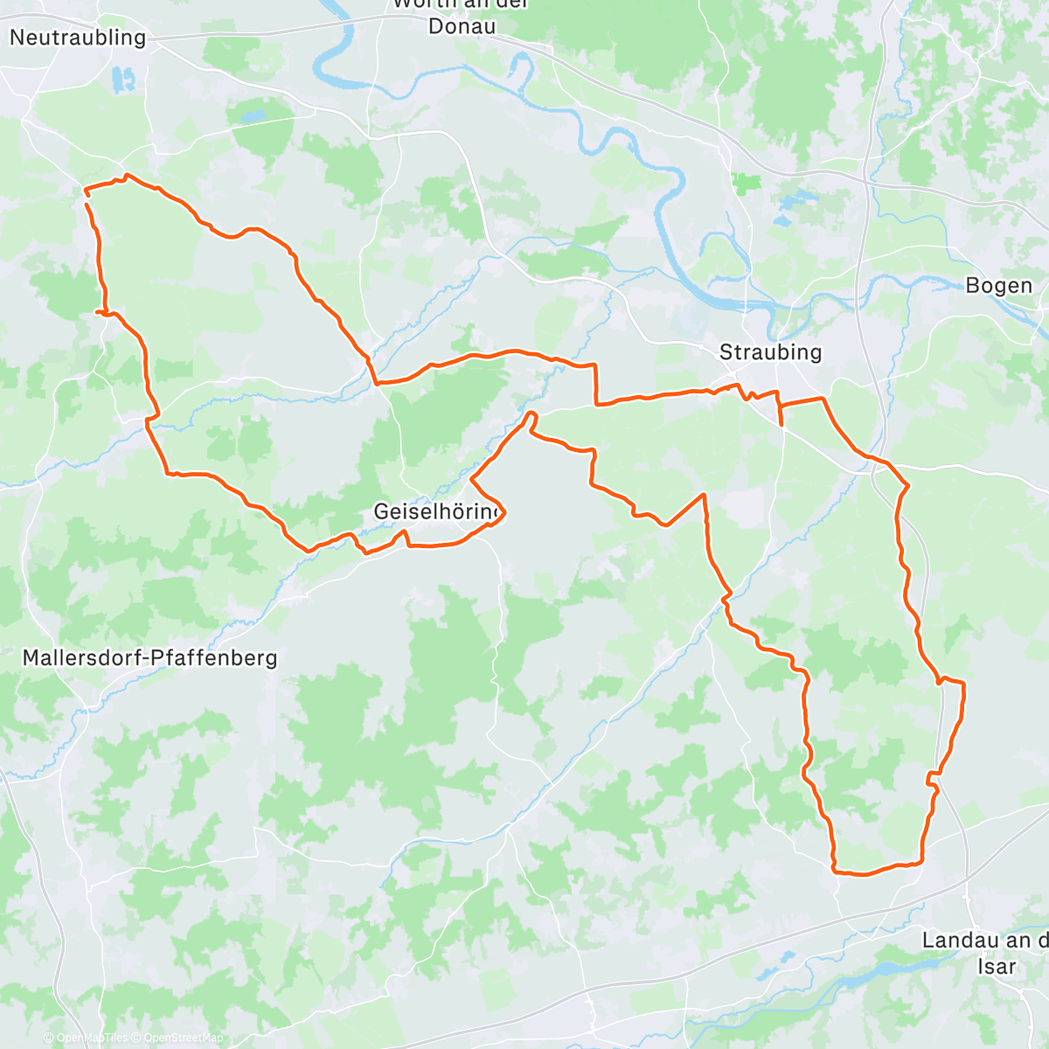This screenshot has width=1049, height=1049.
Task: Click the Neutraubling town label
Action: (77, 38)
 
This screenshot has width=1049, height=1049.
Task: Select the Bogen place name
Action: (998, 286)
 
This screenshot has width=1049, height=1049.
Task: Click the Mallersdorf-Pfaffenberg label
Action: (149, 657)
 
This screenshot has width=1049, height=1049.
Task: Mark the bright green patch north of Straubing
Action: (746, 184)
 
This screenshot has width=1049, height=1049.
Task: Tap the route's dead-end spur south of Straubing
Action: (781, 425)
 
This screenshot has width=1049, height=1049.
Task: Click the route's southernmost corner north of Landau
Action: (837, 871)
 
